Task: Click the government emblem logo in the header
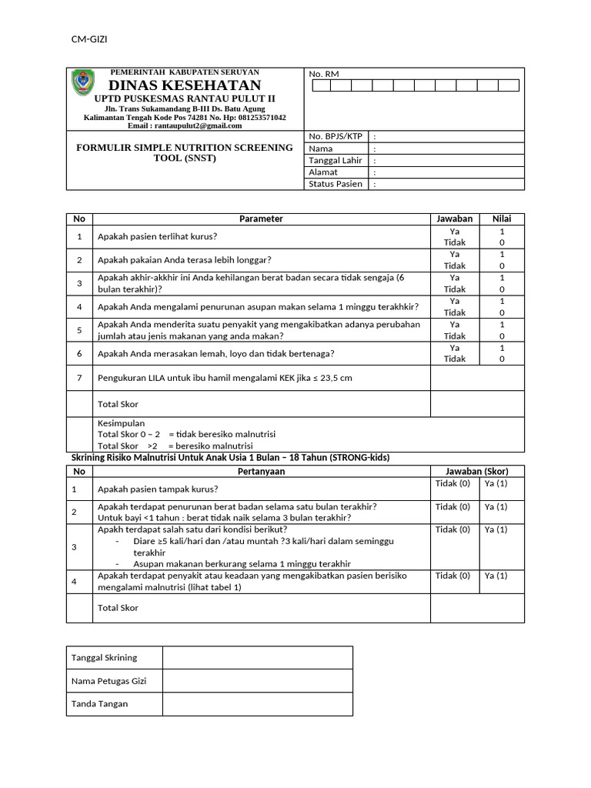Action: pos(83,83)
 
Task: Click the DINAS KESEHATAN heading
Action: pos(185,85)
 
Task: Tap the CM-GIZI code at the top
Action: pos(90,40)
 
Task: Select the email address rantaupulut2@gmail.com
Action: pos(185,125)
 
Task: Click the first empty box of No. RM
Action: pos(321,85)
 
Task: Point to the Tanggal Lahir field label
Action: pos(336,161)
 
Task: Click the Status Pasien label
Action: pos(336,184)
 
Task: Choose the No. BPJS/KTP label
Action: pos(336,136)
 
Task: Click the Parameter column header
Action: pos(261,219)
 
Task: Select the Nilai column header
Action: pos(502,219)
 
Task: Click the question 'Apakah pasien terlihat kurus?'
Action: pos(157,236)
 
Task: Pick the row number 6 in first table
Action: pos(79,353)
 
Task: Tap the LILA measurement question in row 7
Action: pos(225,378)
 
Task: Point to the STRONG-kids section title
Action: pos(230,457)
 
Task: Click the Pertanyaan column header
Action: pos(261,471)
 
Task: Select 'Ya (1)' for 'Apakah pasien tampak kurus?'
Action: pos(496,483)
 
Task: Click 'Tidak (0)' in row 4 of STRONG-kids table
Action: pos(452,576)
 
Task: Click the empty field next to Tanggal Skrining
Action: pos(257,657)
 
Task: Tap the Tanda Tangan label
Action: pos(99,703)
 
